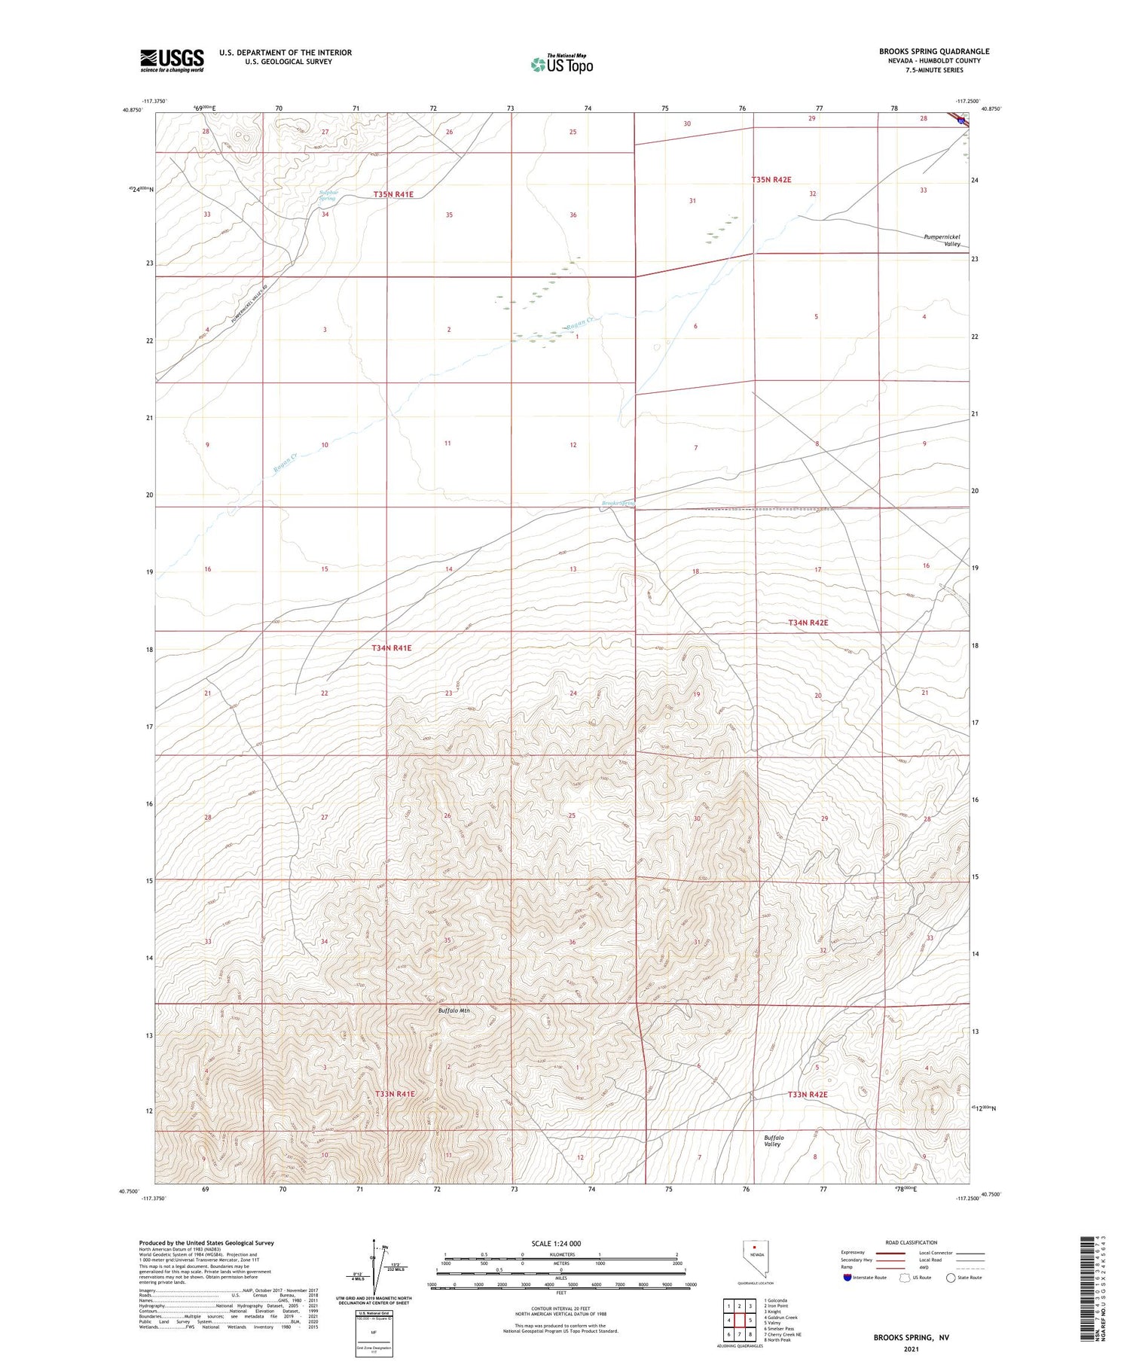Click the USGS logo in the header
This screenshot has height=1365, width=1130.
click(172, 60)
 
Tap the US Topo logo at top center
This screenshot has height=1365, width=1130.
click(561, 65)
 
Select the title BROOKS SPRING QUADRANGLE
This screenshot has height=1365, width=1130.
click(933, 51)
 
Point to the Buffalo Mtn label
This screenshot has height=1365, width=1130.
click(454, 1010)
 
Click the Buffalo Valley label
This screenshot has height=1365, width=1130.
click(773, 1141)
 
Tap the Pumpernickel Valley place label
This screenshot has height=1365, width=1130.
click(942, 240)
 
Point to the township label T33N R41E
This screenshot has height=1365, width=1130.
click(395, 1093)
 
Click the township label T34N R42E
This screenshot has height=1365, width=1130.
click(808, 623)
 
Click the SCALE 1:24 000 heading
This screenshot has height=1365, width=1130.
click(556, 1243)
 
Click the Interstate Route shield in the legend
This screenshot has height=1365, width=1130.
click(847, 1277)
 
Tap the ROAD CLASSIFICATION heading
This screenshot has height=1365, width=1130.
click(912, 1242)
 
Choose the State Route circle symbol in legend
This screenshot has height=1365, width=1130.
click(951, 1277)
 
